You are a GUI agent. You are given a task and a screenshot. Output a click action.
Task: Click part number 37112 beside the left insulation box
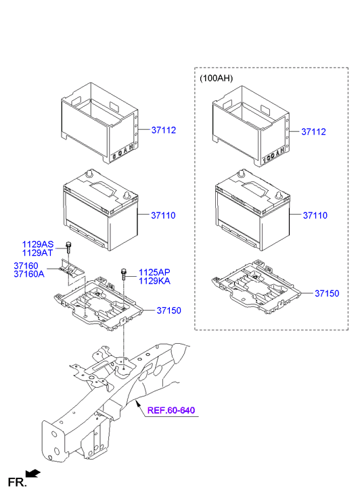(x=163, y=129)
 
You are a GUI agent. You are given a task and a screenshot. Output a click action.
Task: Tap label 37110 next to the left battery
(x=163, y=215)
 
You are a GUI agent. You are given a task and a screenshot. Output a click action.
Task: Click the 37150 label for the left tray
(x=169, y=310)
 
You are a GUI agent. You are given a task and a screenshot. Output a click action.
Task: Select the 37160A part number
(x=28, y=274)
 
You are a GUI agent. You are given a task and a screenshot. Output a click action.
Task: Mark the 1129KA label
(x=154, y=280)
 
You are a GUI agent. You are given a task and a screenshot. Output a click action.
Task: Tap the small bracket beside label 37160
(x=69, y=269)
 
